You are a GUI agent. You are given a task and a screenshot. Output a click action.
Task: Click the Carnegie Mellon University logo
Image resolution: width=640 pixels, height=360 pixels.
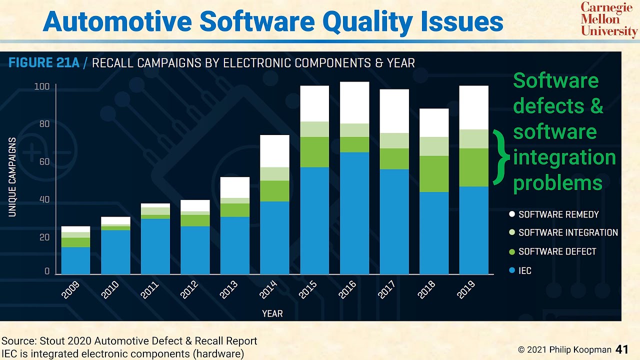point(608,19)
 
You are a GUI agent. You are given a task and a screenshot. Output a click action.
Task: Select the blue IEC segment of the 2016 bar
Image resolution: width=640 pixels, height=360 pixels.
point(354,213)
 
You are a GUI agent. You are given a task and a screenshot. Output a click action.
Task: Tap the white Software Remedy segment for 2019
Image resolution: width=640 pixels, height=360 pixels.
point(473,107)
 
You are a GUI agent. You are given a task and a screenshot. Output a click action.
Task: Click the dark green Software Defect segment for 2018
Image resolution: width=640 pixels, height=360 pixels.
point(434,174)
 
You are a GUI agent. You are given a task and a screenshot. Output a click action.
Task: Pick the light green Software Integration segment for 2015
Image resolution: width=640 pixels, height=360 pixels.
point(314,129)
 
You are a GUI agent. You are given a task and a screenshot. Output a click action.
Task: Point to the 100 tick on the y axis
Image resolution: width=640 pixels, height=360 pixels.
point(42,87)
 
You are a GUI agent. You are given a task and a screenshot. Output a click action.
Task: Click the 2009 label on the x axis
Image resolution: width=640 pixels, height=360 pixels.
point(70,290)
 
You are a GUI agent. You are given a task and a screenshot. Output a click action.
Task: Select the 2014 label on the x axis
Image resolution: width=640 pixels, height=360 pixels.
point(268,290)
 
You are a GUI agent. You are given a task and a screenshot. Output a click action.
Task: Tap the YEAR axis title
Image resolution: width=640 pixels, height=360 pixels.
point(272,313)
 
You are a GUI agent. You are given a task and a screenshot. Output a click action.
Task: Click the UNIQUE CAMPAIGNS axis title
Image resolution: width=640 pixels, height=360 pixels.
point(12,177)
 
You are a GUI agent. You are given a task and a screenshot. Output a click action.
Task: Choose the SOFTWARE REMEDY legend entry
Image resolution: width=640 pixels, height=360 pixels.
point(558,214)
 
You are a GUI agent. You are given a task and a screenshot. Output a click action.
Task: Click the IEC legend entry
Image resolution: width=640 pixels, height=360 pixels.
point(524,270)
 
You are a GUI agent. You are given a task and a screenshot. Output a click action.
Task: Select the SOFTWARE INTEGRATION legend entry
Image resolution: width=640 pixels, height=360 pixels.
point(567,232)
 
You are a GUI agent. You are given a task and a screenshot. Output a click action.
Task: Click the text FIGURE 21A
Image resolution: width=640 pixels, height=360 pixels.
point(43,63)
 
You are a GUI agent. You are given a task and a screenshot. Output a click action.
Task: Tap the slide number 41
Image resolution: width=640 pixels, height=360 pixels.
point(621,349)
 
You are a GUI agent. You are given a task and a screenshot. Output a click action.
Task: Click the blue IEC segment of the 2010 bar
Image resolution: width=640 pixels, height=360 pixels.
point(115,252)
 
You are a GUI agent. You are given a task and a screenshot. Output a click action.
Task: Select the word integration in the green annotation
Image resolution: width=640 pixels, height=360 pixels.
point(564,157)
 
